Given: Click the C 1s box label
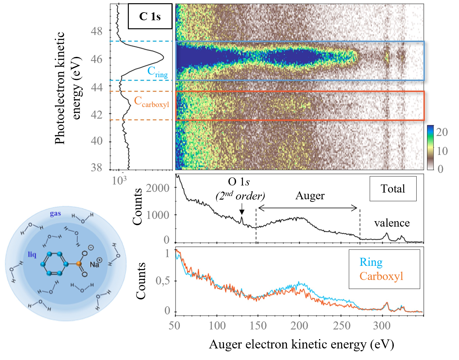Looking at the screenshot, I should (x=150, y=16).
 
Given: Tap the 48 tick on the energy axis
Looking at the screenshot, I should (x=97, y=31).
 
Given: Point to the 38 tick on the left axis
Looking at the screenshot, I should (x=97, y=167).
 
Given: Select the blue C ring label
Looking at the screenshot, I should (x=157, y=72).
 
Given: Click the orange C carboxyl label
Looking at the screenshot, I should (x=151, y=102).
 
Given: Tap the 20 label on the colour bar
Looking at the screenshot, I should (x=442, y=132).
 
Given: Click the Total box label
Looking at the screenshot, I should (x=393, y=189).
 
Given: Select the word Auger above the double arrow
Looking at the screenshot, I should (x=310, y=195).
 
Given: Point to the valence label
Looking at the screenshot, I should (x=392, y=223).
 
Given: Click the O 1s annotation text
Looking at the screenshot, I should (x=239, y=182).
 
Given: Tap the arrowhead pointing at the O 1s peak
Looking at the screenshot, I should (x=242, y=212).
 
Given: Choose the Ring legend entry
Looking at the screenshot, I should (x=371, y=262).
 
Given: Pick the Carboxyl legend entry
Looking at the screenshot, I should (x=381, y=276).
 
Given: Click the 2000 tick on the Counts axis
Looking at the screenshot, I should (x=158, y=188).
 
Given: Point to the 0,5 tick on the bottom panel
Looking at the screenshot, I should (x=163, y=281).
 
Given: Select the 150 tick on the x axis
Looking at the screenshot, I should (x=258, y=326).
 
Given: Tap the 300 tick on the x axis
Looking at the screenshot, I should (x=382, y=326).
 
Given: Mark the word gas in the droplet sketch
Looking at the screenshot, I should (x=55, y=213).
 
